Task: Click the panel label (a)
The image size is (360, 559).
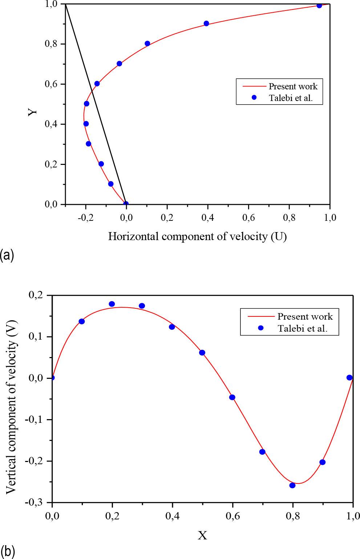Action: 7,255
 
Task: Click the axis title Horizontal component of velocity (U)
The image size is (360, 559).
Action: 197,236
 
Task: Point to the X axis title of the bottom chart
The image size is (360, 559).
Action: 202,535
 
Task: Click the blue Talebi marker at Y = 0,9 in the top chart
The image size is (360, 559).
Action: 206,24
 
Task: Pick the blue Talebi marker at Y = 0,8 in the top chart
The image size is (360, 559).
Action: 147,44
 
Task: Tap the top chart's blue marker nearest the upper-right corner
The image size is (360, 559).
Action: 319,5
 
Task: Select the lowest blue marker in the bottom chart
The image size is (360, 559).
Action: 292,485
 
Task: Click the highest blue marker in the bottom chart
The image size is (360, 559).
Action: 112,304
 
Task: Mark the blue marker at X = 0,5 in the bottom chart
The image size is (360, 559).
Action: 202,353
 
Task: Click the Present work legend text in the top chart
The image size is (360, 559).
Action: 293,86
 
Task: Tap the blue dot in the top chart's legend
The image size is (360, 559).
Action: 254,97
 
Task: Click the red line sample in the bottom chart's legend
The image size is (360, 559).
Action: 260,316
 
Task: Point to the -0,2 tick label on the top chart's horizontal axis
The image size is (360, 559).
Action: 85,217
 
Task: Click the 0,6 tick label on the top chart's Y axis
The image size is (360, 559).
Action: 52,84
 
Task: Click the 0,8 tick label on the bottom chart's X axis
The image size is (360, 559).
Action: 292,515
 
